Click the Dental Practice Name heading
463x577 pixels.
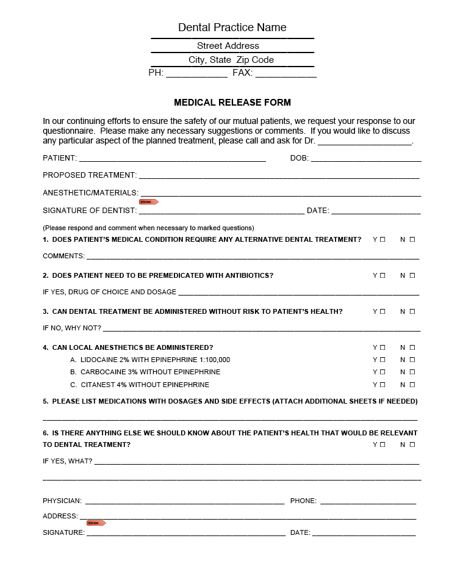pyautogui.click(x=232, y=27)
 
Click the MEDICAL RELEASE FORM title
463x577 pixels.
pyautogui.click(x=232, y=103)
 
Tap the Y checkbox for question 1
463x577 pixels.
pyautogui.click(x=382, y=239)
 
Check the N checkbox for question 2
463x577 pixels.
pyautogui.click(x=412, y=275)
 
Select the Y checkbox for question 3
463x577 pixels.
pyautogui.click(x=382, y=311)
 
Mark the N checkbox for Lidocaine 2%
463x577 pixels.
pyautogui.click(x=412, y=360)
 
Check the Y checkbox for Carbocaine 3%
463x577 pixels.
pyautogui.click(x=382, y=372)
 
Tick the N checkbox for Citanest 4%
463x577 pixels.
pyautogui.click(x=412, y=385)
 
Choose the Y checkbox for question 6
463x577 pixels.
pyautogui.click(x=382, y=445)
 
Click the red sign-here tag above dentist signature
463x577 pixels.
pyautogui.click(x=149, y=201)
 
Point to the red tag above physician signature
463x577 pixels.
pyautogui.click(x=96, y=523)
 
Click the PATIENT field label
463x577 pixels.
pyautogui.click(x=60, y=158)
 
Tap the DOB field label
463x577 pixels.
pyautogui.click(x=300, y=158)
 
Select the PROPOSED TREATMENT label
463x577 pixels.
pyautogui.click(x=90, y=175)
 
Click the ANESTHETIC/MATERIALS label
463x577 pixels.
pyautogui.click(x=90, y=193)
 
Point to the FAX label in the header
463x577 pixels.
pyautogui.click(x=242, y=73)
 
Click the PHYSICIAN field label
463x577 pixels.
pyautogui.click(x=62, y=501)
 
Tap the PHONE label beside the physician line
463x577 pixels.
pyautogui.click(x=303, y=501)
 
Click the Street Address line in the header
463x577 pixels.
pyautogui.click(x=228, y=46)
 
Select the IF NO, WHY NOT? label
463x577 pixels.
pyautogui.click(x=72, y=328)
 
